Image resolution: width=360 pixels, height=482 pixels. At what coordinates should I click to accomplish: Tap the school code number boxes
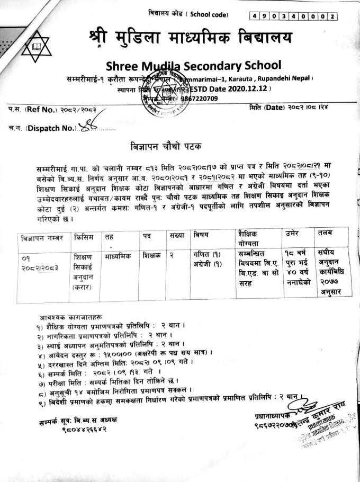294,17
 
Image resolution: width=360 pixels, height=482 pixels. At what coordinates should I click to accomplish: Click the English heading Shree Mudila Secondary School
194,66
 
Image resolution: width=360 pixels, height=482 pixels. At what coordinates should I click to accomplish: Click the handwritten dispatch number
84,126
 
